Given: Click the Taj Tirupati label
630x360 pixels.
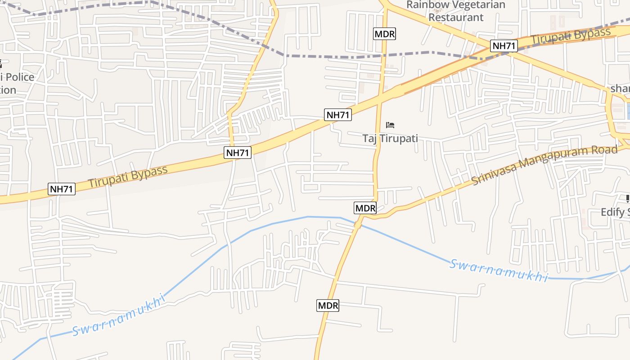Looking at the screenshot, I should pos(390,138).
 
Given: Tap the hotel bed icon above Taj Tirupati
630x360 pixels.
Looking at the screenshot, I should pos(390,125).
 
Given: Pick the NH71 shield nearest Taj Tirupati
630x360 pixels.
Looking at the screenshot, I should pos(338,115).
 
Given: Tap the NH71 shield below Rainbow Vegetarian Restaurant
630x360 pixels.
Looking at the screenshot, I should pos(504,45).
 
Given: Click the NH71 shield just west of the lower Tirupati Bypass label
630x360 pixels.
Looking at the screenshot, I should pos(62,189).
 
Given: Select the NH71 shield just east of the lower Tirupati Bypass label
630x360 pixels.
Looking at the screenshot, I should pos(238,153).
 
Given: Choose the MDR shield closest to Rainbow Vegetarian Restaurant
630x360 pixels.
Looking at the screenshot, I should pos(385,34).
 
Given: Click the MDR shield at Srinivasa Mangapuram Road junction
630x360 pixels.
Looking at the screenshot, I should pos(365,208).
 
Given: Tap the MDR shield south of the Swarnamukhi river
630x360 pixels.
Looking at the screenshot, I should pos(328,306).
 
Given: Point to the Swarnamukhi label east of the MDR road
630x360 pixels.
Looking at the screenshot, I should pos(499,270).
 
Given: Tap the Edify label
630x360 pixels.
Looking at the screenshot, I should pos(615,212).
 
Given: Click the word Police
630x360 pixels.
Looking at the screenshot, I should pos(20,77).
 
